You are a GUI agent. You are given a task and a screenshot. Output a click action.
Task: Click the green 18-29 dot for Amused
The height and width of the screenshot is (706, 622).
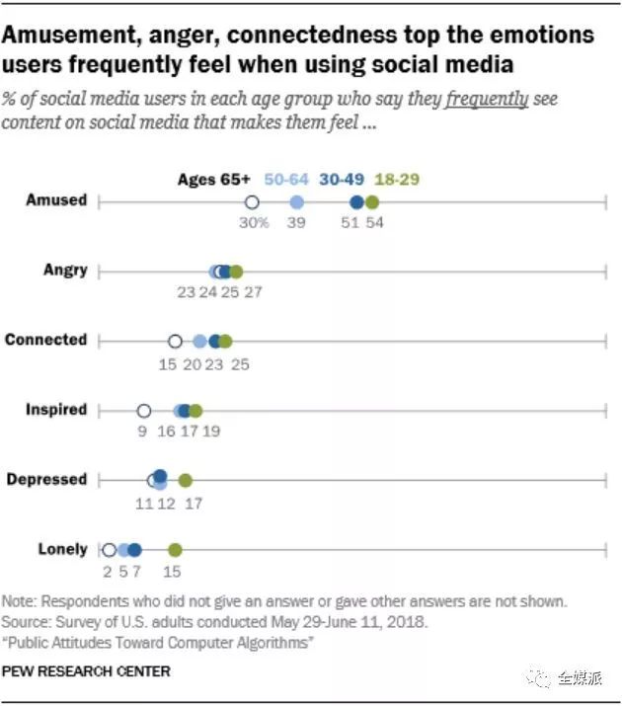371,201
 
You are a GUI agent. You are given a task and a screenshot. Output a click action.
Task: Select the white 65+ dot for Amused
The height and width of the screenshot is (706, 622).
252,201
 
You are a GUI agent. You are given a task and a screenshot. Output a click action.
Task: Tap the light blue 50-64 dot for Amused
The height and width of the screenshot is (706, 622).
296,201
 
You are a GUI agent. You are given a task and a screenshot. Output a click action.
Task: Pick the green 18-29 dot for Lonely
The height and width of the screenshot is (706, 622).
175,550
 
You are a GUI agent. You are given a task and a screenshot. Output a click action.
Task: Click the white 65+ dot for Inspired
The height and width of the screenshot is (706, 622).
143,411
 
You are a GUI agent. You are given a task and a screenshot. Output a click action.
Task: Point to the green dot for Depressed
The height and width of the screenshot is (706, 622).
185,481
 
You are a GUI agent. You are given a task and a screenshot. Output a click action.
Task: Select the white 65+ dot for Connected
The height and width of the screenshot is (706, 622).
175,342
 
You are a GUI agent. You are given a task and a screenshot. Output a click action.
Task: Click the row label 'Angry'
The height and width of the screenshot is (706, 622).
65,270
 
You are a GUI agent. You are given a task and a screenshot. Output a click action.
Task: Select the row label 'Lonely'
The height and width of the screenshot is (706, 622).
62,549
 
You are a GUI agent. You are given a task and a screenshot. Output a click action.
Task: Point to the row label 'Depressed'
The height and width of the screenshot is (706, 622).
46,479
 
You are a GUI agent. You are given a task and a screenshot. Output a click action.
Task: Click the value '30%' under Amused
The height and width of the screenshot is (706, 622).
253,223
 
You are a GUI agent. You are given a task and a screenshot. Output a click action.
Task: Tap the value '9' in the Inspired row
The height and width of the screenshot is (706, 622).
143,431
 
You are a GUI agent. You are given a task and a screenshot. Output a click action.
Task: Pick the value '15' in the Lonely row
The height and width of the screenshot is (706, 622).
173,571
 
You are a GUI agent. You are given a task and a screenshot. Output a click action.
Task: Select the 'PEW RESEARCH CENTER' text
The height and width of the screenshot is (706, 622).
86,671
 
